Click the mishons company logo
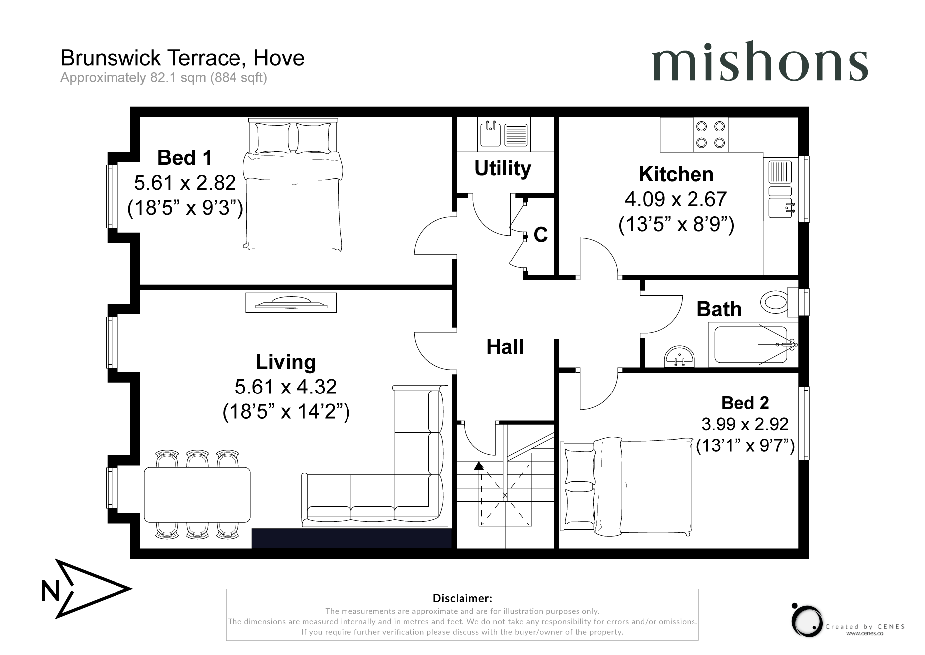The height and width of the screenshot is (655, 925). click(x=760, y=62)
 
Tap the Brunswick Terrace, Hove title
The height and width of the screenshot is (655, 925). click(x=182, y=58)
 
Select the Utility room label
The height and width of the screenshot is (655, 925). click(x=502, y=168)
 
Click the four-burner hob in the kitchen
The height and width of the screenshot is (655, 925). click(x=710, y=134)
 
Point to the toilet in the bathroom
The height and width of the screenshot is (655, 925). click(x=775, y=302)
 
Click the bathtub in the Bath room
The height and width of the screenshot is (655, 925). click(x=752, y=344)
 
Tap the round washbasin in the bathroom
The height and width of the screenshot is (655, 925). click(x=680, y=356)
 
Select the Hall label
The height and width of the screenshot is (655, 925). click(x=505, y=347)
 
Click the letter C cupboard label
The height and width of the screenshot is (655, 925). click(x=541, y=235)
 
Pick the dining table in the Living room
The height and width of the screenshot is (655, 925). click(x=197, y=494)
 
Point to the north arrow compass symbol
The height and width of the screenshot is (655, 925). click(x=85, y=589)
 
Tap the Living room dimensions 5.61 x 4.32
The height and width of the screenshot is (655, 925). click(x=286, y=387)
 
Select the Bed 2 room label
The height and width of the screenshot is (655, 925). click(x=745, y=402)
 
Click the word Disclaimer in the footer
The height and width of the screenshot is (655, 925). click(x=462, y=598)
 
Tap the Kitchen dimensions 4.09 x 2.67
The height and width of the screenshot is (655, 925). click(x=676, y=199)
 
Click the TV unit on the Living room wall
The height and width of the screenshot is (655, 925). click(x=291, y=302)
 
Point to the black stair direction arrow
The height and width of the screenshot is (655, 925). click(x=479, y=466)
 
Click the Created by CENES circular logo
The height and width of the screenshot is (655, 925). click(x=807, y=621)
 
